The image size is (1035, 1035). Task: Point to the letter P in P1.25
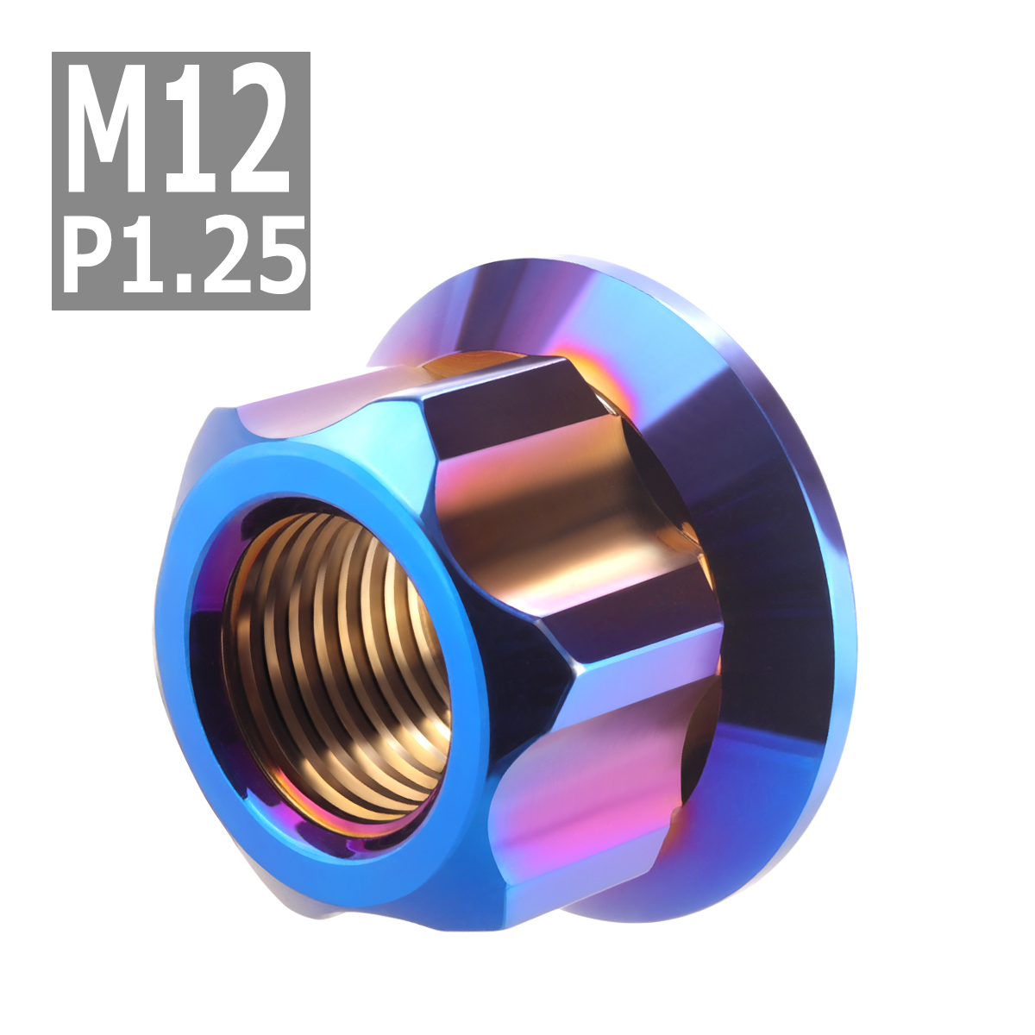click(90, 254)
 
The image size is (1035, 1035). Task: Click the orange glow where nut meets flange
click(466, 367)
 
